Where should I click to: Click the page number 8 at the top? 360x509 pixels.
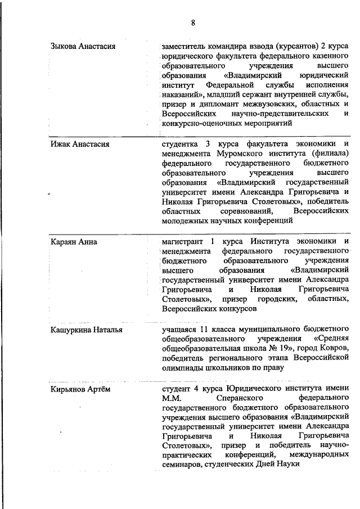[x=192, y=23]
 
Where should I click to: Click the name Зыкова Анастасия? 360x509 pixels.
[x=83, y=46]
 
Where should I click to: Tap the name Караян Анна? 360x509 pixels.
[x=74, y=242]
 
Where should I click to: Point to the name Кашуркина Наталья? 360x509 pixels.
[x=86, y=330]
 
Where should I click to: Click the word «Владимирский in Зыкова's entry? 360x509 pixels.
[x=249, y=75]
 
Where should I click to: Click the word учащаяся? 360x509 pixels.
[x=179, y=330]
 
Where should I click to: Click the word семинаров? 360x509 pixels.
[x=181, y=465]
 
